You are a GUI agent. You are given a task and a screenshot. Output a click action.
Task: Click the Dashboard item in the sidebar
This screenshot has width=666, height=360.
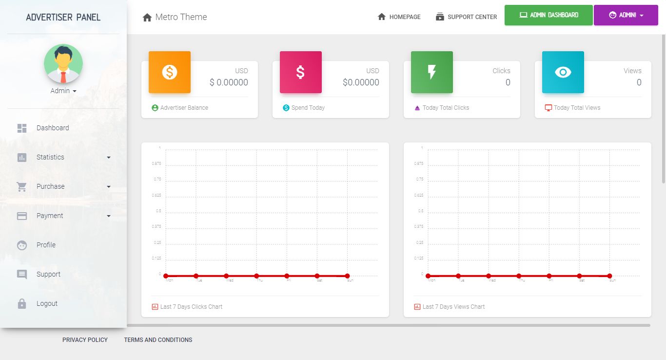click(x=52, y=128)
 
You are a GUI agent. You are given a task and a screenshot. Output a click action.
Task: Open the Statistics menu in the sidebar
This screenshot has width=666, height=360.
click(x=50, y=157)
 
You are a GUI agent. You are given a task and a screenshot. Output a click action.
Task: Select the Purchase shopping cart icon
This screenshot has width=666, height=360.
click(x=22, y=186)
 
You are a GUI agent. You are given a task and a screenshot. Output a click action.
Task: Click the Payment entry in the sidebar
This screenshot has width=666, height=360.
click(x=50, y=216)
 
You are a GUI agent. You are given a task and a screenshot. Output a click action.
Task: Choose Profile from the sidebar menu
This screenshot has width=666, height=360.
click(x=46, y=245)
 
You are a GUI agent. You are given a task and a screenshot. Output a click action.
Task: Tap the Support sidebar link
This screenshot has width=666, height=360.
click(x=48, y=274)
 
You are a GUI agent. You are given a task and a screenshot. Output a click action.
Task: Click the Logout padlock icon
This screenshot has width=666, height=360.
click(x=22, y=303)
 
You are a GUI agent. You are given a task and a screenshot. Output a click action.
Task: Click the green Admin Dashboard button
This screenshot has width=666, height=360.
click(x=548, y=15)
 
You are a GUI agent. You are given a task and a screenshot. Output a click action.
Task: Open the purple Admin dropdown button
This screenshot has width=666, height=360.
click(x=626, y=15)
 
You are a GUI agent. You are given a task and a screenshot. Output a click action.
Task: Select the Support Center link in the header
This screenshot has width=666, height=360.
click(x=467, y=17)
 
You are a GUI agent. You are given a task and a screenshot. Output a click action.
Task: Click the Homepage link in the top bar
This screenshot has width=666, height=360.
click(x=399, y=17)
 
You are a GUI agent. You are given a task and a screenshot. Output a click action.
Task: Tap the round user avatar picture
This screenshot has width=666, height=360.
click(x=63, y=64)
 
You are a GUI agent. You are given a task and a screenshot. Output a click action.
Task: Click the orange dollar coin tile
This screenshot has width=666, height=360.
click(x=170, y=72)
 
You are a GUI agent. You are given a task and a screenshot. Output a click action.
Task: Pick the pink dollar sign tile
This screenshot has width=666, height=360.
click(x=301, y=72)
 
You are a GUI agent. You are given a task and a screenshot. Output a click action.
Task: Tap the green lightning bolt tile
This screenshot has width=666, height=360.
click(x=432, y=72)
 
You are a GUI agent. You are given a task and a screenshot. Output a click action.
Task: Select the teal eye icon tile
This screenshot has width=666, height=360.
click(x=563, y=72)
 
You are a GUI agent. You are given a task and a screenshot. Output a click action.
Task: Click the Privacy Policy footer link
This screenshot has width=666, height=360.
click(x=85, y=340)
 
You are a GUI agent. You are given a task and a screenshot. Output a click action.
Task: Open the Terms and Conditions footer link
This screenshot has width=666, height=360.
click(x=158, y=340)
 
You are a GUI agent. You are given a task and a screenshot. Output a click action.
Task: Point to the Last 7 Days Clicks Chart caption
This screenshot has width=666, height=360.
click(x=191, y=307)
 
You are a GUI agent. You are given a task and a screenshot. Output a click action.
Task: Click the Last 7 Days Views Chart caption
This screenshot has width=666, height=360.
click(x=453, y=307)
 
